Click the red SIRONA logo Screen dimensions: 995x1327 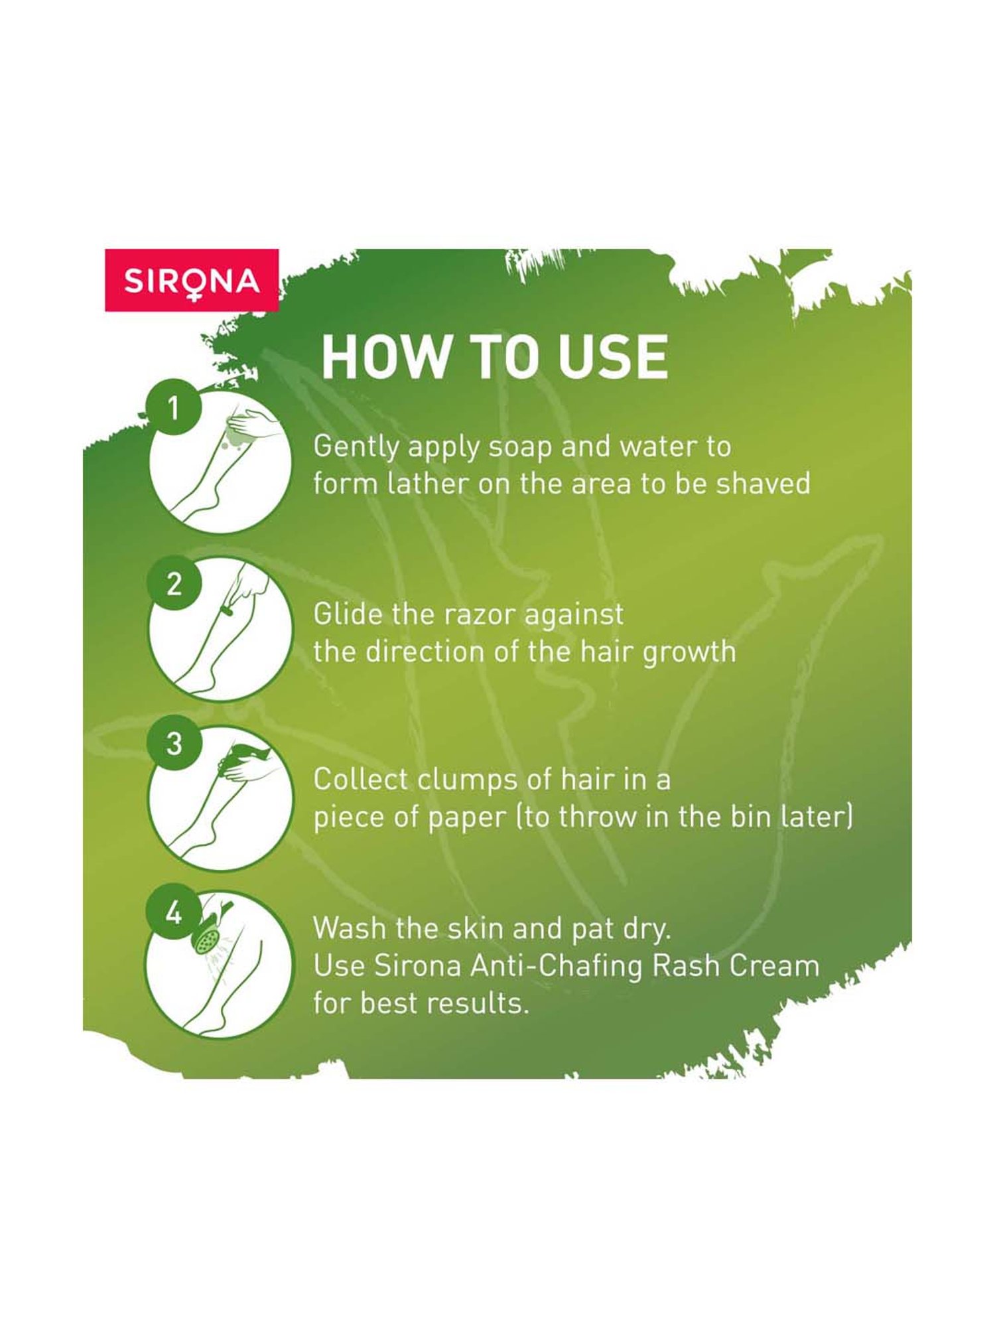192,280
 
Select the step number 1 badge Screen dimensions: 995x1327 174,407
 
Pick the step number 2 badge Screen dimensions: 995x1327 174,585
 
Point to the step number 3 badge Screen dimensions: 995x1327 174,744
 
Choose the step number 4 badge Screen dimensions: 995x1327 174,914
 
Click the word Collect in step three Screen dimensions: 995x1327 360,780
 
